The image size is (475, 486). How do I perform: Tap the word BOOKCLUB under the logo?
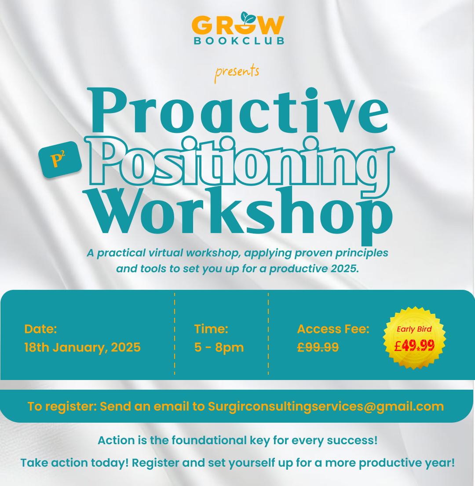click(239, 41)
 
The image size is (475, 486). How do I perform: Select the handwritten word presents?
click(237, 73)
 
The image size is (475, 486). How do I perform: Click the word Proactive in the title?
click(238, 110)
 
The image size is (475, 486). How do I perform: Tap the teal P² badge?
click(60, 160)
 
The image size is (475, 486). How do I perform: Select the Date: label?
click(40, 329)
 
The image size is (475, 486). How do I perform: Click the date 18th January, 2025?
click(82, 347)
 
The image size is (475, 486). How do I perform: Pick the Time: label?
click(211, 329)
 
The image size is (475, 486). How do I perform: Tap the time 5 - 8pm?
click(219, 347)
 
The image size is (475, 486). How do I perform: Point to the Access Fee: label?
click(333, 329)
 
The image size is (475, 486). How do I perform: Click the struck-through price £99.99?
click(318, 347)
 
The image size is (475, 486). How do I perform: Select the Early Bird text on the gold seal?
click(414, 329)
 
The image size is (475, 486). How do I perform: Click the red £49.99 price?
click(414, 345)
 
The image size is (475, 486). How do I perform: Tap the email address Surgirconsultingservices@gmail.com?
click(325, 406)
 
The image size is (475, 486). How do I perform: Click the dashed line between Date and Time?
click(175, 334)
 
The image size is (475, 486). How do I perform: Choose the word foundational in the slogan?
click(209, 440)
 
